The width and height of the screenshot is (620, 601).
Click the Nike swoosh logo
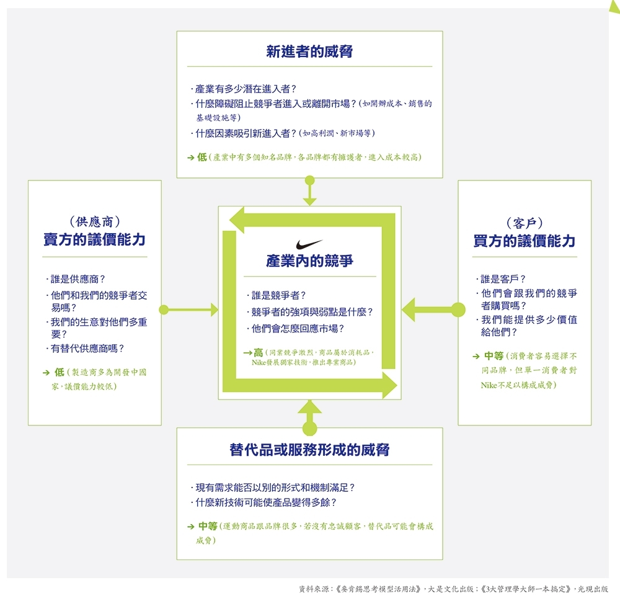309,244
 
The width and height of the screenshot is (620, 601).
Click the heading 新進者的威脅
309,51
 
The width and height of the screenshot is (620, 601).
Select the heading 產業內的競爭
309,261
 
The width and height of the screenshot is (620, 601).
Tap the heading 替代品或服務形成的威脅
309,450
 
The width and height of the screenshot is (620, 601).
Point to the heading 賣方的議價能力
94,240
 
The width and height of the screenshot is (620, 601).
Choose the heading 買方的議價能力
525,241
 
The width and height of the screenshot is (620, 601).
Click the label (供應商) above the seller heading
94,221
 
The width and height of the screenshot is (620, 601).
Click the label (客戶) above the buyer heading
525,223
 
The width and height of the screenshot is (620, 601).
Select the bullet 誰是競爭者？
278,296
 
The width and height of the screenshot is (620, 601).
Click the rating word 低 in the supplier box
60,372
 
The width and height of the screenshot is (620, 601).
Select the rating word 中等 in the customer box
494,356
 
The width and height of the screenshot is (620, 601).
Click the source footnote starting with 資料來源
453,588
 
